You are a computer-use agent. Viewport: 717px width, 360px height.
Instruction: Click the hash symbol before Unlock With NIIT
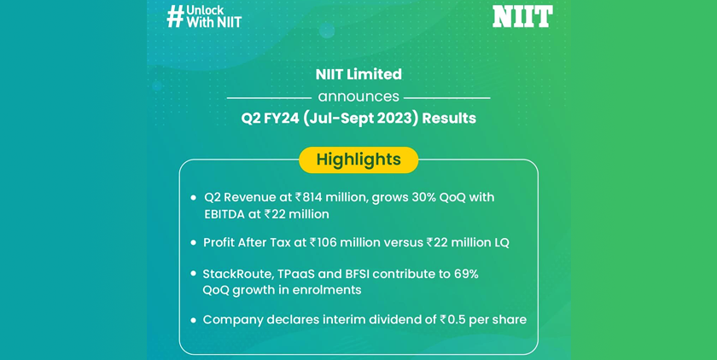pos(175,17)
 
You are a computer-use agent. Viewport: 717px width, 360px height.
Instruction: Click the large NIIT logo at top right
pos(522,16)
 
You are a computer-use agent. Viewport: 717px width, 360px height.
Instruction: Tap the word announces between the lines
pos(358,97)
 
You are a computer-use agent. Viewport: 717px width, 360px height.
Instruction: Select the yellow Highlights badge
pos(358,160)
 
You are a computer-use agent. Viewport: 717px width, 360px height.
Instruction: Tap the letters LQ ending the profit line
pos(501,242)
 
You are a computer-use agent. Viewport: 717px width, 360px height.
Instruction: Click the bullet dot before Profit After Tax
pos(194,242)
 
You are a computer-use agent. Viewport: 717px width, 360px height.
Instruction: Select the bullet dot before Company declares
pos(194,320)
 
